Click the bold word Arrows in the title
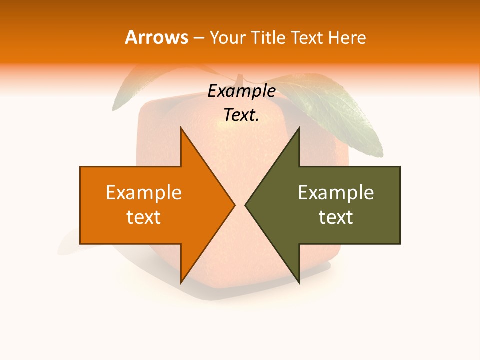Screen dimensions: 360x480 click(156, 37)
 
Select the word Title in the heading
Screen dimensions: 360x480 click(269, 37)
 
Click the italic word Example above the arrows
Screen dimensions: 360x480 click(241, 91)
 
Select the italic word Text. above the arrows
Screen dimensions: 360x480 click(241, 115)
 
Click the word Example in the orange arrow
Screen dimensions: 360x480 click(144, 193)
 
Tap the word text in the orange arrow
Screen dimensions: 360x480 click(144, 217)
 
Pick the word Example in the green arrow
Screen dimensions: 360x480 click(336, 193)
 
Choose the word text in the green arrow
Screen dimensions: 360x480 click(336, 217)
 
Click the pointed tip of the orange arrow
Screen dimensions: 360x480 click(234, 205)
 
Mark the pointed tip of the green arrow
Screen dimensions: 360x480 click(245, 205)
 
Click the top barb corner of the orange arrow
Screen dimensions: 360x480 click(181, 128)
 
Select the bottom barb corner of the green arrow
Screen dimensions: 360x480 click(299, 283)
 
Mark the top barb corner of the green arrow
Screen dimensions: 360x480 click(299, 128)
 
